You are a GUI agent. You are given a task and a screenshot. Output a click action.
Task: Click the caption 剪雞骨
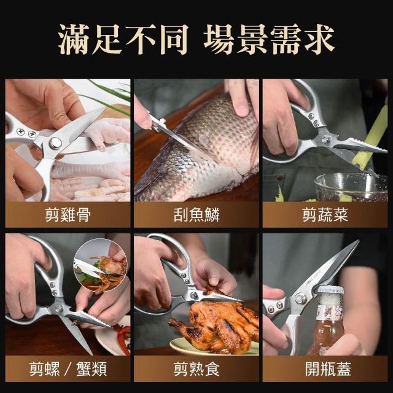tap(68, 215)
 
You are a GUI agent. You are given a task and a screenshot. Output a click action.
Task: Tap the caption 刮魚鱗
tap(196, 215)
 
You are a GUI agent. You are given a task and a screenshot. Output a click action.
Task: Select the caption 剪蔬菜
tap(325, 215)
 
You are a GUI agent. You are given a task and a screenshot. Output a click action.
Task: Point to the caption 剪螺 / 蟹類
tap(68, 369)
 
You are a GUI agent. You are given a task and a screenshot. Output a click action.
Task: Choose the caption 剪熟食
tap(196, 369)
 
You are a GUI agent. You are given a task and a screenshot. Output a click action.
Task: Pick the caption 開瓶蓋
tap(328, 369)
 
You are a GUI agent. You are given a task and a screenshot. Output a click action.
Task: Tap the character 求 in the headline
tap(319, 39)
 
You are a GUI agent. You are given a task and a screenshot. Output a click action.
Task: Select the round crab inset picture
tap(101, 266)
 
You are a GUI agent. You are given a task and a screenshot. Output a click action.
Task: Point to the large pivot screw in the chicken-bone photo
tap(55, 143)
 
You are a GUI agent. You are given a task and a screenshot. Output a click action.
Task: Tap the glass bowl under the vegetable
tap(351, 187)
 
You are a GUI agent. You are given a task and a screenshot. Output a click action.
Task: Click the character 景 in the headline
tap(252, 39)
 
